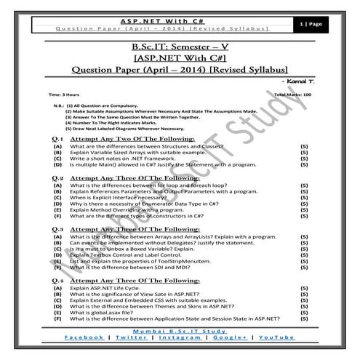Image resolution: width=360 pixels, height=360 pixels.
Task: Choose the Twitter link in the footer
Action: point(131,338)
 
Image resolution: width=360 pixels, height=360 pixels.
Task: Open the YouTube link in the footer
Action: point(276,338)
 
